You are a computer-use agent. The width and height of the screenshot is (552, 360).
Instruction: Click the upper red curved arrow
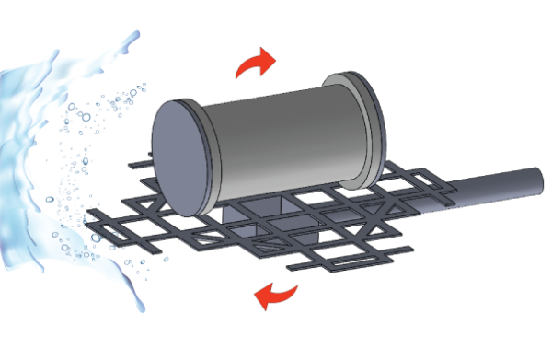coord(254,64)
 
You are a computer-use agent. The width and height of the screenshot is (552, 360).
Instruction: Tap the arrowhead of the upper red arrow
coord(266,58)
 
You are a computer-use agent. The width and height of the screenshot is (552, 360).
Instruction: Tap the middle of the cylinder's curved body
coord(285,138)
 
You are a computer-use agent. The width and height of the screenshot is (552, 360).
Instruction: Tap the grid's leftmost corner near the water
coord(92,215)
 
